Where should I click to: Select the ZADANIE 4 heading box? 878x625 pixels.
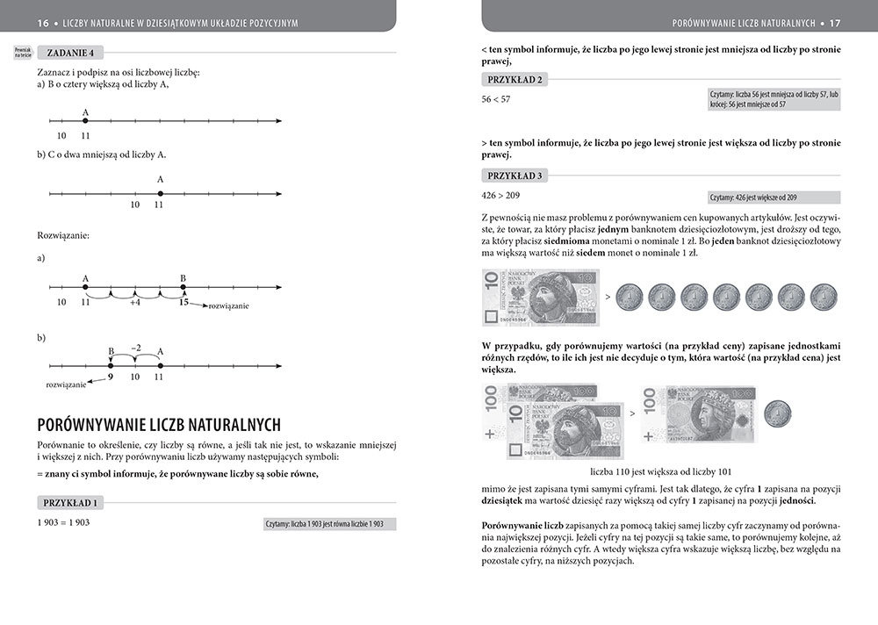[70, 52]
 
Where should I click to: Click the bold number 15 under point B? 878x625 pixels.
[183, 302]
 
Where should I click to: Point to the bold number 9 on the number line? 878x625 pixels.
[111, 377]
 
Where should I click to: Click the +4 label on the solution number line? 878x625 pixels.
[134, 302]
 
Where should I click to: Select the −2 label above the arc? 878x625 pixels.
[135, 348]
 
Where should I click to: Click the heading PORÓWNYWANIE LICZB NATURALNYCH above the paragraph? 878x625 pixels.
[159, 425]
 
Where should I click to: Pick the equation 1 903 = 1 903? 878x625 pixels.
[63, 522]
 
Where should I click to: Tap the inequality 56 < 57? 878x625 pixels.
[496, 99]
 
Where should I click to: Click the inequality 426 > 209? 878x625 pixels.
[501, 195]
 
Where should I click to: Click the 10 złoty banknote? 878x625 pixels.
[540, 297]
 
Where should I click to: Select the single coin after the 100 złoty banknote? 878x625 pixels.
[778, 413]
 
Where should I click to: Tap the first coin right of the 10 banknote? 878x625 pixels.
[629, 297]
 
